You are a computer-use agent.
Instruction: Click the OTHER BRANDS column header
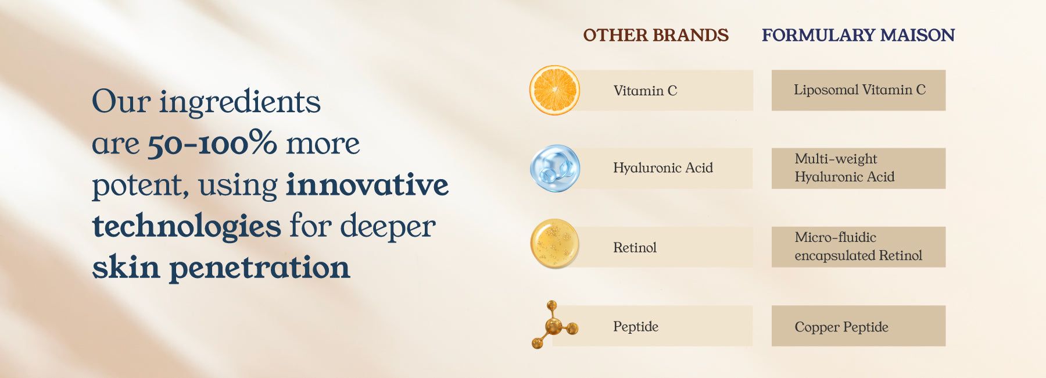coord(655,35)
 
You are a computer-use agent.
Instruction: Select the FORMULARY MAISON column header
coord(858,35)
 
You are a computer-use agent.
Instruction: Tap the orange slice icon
coord(554,90)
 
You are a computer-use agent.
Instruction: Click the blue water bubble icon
coord(555,168)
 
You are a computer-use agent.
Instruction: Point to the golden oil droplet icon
coord(554,244)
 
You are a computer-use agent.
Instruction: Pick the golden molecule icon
coord(554,325)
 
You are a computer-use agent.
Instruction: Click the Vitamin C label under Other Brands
coord(645,91)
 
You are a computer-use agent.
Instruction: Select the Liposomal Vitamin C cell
coord(858,90)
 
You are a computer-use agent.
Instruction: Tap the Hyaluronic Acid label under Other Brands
coord(663,168)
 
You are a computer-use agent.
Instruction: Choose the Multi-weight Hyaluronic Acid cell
coord(858,168)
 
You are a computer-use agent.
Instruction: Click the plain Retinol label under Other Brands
coord(635,248)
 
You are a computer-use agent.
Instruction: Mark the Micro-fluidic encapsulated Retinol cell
coord(858,247)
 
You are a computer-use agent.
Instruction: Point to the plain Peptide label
coord(636,327)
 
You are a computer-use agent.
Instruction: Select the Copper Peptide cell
coord(858,326)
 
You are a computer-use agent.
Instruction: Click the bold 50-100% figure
coord(212,143)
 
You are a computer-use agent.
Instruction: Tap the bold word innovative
coord(367,184)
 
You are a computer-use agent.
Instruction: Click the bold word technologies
coord(187,227)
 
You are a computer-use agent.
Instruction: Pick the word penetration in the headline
coord(260,268)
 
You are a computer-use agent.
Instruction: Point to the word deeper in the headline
coord(388,226)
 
